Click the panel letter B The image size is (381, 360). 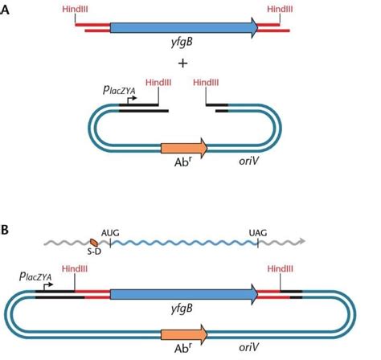tap(6, 230)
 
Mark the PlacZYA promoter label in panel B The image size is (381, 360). tap(38, 276)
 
